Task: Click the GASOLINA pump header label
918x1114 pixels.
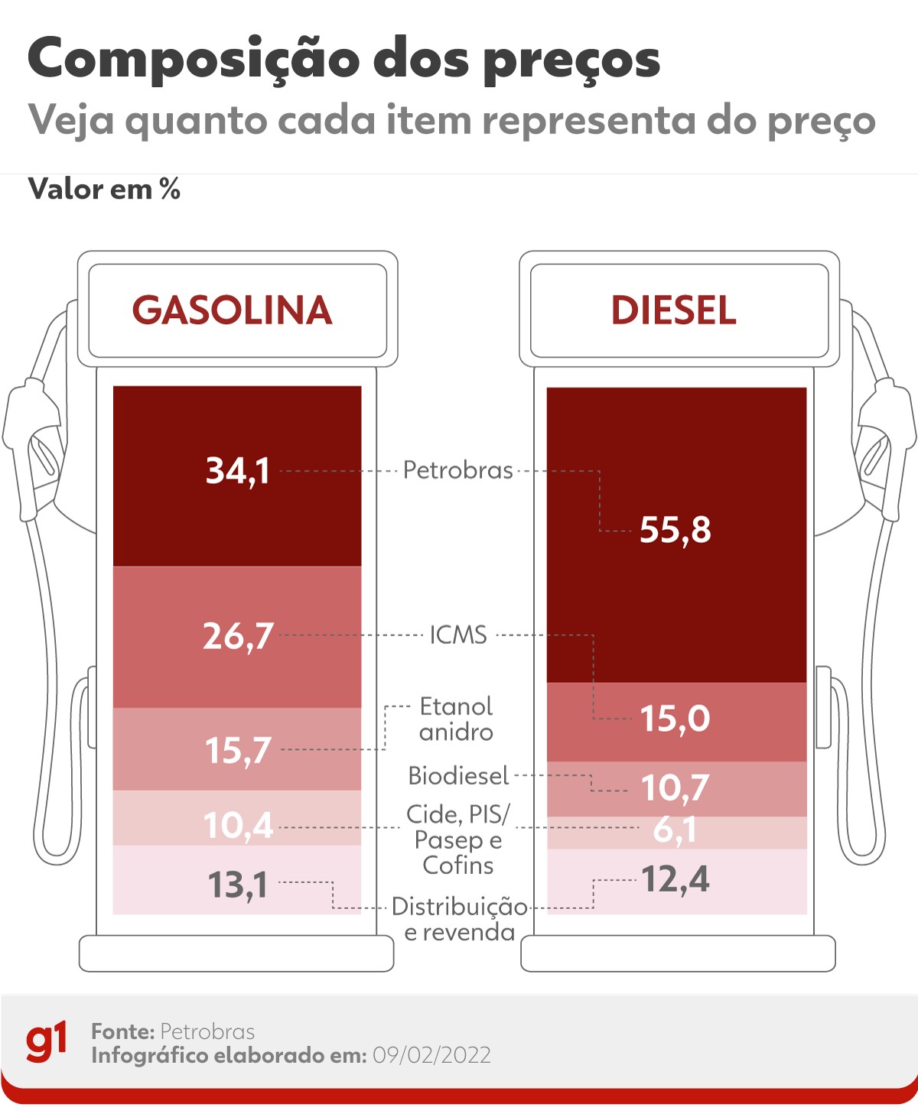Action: tap(233, 310)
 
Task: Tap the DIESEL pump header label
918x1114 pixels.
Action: tap(673, 310)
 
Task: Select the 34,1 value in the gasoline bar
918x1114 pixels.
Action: tap(238, 471)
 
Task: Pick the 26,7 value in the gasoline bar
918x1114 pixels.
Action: tap(238, 636)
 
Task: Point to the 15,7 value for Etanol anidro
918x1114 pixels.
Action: tap(238, 751)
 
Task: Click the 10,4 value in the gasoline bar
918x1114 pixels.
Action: tap(238, 826)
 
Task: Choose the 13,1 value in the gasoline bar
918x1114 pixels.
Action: tap(238, 885)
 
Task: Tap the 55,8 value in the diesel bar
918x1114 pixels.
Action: tap(675, 530)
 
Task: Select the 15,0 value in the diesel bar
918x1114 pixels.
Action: tap(675, 719)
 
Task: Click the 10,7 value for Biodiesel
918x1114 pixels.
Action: tap(675, 788)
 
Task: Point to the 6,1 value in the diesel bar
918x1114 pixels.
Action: tap(675, 830)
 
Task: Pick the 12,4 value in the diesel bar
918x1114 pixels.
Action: tap(675, 879)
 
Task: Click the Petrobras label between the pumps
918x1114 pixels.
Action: tap(457, 470)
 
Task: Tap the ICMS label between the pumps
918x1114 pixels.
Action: tap(457, 635)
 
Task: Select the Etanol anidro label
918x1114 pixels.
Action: tap(456, 719)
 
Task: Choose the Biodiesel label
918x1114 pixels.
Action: tap(457, 776)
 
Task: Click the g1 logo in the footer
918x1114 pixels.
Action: tap(47, 1042)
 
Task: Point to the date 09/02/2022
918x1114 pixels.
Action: tap(431, 1056)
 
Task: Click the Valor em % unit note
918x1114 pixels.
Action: tap(104, 189)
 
